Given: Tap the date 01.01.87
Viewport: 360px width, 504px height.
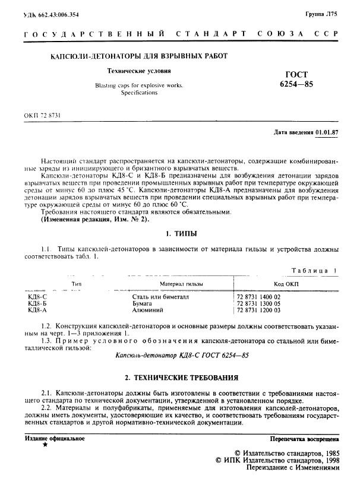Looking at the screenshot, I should [328, 132].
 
